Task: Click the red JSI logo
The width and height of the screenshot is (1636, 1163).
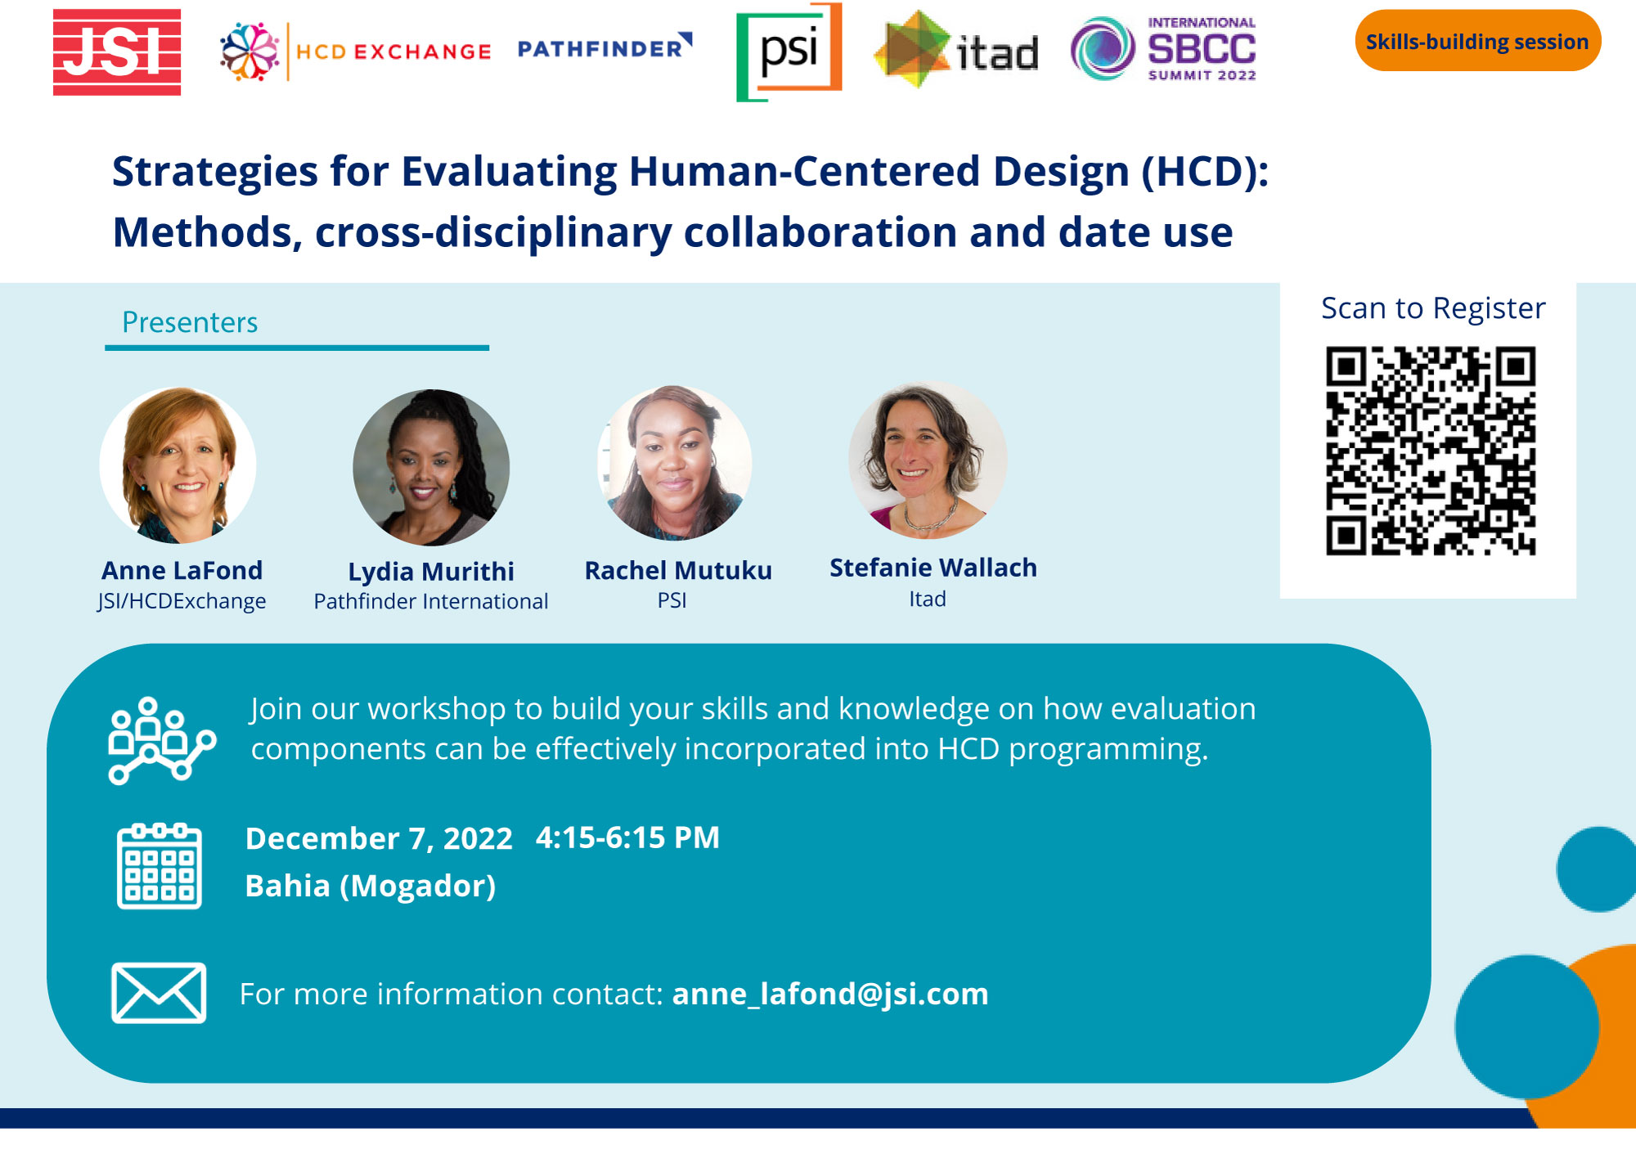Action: [117, 52]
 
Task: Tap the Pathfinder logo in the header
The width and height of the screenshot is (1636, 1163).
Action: [605, 47]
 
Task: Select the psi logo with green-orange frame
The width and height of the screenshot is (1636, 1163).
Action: [789, 52]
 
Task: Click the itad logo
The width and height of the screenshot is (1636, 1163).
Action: [956, 50]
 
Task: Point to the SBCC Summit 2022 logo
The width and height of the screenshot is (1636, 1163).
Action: [1163, 48]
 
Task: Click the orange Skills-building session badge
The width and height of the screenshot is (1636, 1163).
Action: [1477, 41]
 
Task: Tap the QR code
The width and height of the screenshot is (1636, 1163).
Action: [1431, 451]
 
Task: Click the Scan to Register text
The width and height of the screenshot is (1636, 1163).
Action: [1433, 308]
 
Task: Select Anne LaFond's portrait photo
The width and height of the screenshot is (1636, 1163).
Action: [178, 465]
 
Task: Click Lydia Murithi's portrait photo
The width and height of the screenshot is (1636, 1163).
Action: [431, 467]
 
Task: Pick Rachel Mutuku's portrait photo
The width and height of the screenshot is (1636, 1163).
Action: [675, 463]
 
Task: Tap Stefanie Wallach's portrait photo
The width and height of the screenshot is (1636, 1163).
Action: [928, 460]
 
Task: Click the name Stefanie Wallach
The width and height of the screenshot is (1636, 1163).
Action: [933, 568]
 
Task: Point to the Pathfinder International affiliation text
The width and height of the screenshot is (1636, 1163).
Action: [431, 601]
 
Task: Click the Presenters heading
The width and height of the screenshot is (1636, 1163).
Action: [190, 322]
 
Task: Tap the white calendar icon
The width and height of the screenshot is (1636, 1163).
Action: [160, 866]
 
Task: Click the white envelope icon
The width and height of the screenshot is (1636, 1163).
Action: [159, 993]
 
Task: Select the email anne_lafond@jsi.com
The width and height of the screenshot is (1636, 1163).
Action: [830, 994]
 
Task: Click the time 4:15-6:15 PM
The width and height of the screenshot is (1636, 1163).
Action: [627, 837]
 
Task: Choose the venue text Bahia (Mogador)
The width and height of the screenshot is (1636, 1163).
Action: [371, 886]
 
